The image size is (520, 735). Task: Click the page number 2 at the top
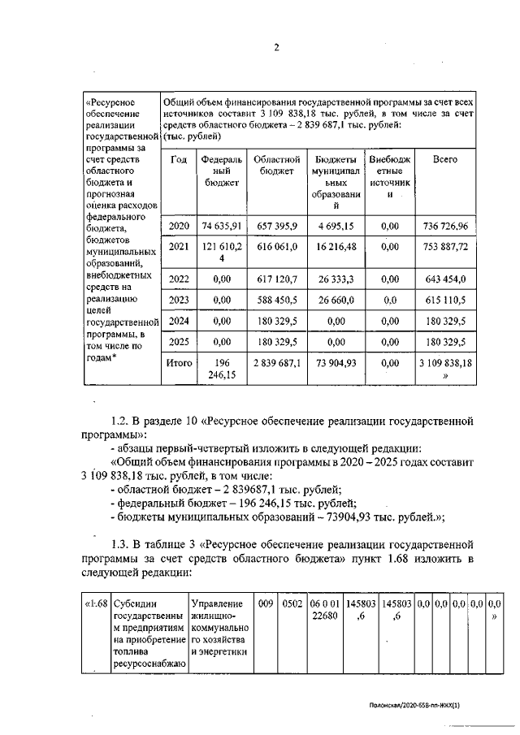(275, 48)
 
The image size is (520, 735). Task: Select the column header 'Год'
(179, 160)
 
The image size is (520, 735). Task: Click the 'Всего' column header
(444, 160)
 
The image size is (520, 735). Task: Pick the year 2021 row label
(179, 246)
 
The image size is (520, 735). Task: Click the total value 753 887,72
(444, 246)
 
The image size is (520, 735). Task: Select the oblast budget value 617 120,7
(278, 279)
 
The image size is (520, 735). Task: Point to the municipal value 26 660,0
(336, 300)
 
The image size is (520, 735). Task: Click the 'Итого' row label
(179, 364)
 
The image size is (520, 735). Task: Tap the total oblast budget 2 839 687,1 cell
(278, 364)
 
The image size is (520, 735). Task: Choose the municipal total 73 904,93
(336, 364)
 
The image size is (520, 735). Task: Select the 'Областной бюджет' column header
(278, 166)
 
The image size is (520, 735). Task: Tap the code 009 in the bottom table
(266, 605)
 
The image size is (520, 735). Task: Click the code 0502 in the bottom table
(291, 605)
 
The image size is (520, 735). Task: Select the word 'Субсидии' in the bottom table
(136, 605)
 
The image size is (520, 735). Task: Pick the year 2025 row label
(179, 343)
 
